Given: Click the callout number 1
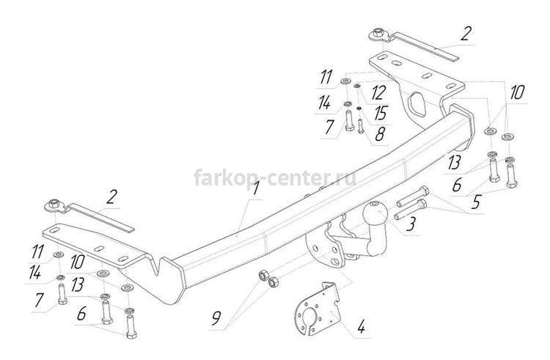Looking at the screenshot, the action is (256, 188).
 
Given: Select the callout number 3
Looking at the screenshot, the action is (411, 224).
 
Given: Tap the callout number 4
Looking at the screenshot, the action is (360, 328).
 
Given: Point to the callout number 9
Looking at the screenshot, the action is (216, 318).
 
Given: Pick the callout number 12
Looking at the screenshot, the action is (378, 93).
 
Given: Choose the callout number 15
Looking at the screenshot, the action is (380, 113).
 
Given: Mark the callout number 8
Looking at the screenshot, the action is (380, 134).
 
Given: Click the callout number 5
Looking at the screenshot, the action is (476, 202).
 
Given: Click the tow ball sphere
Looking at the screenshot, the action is (375, 213).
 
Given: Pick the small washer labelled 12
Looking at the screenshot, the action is (357, 86).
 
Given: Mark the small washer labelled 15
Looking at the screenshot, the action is (359, 109).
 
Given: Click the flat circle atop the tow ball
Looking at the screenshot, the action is (375, 204).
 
